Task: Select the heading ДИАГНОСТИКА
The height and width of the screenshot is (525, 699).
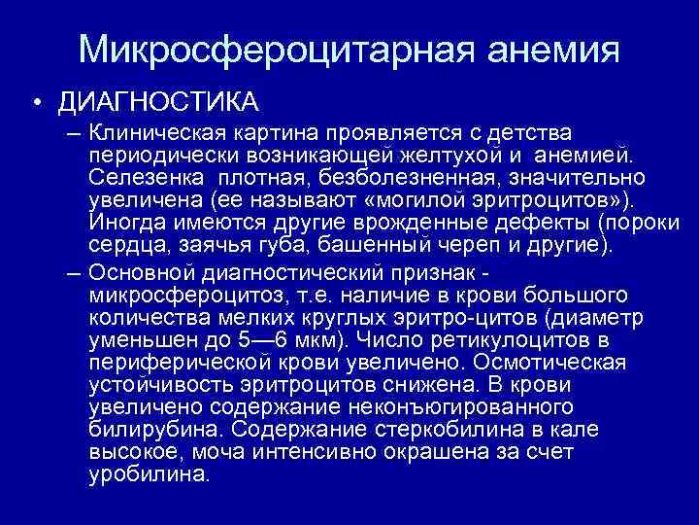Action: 157,102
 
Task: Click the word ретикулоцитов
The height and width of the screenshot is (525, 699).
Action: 506,340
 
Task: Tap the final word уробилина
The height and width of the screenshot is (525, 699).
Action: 147,476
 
